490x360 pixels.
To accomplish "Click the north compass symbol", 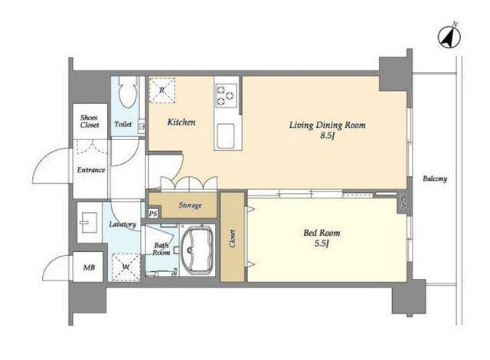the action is [449, 37].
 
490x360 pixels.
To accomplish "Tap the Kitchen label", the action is [181, 122].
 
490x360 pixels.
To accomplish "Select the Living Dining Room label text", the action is [327, 126].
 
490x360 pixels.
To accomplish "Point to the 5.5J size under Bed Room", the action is [322, 244].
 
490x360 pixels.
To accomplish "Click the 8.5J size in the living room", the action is [327, 136].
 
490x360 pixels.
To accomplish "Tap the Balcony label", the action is [435, 178].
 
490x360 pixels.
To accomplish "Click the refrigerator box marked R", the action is [162, 90].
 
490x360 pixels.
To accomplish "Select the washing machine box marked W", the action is [126, 267].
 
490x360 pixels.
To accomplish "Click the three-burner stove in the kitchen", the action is [226, 95].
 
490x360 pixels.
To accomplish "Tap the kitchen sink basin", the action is [226, 136].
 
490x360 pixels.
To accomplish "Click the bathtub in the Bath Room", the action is [198, 250].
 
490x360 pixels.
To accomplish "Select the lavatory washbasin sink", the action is [90, 222].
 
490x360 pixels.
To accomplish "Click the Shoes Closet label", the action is [90, 122].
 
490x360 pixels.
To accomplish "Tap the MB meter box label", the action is [89, 267].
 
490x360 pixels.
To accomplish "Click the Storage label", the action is [190, 205].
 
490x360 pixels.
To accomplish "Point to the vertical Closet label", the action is [232, 238].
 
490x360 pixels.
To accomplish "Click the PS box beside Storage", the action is [153, 214].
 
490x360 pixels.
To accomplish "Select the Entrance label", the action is [91, 170].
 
